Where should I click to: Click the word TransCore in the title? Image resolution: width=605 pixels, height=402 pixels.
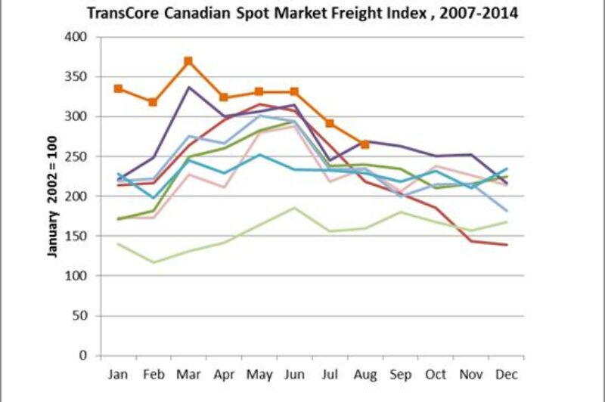[122, 14]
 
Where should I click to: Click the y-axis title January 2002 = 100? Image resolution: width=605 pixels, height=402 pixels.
[53, 196]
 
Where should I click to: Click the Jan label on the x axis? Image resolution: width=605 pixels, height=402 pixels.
[119, 373]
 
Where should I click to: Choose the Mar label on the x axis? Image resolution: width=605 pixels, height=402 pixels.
[188, 373]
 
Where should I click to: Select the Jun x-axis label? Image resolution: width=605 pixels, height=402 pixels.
[294, 373]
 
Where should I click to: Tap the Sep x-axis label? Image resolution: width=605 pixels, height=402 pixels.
[400, 373]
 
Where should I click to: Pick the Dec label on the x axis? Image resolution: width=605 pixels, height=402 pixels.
[506, 373]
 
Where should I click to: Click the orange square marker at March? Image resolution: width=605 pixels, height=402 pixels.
[188, 61]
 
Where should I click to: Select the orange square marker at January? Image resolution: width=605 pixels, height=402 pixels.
[119, 88]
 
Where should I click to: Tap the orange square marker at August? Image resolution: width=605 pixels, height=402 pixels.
[365, 144]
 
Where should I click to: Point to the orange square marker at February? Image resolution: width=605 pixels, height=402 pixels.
[154, 102]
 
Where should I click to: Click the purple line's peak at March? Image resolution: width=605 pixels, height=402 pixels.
[188, 87]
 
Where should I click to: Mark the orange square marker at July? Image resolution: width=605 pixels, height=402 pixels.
[330, 123]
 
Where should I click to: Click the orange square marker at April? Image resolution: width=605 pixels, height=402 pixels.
[224, 97]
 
